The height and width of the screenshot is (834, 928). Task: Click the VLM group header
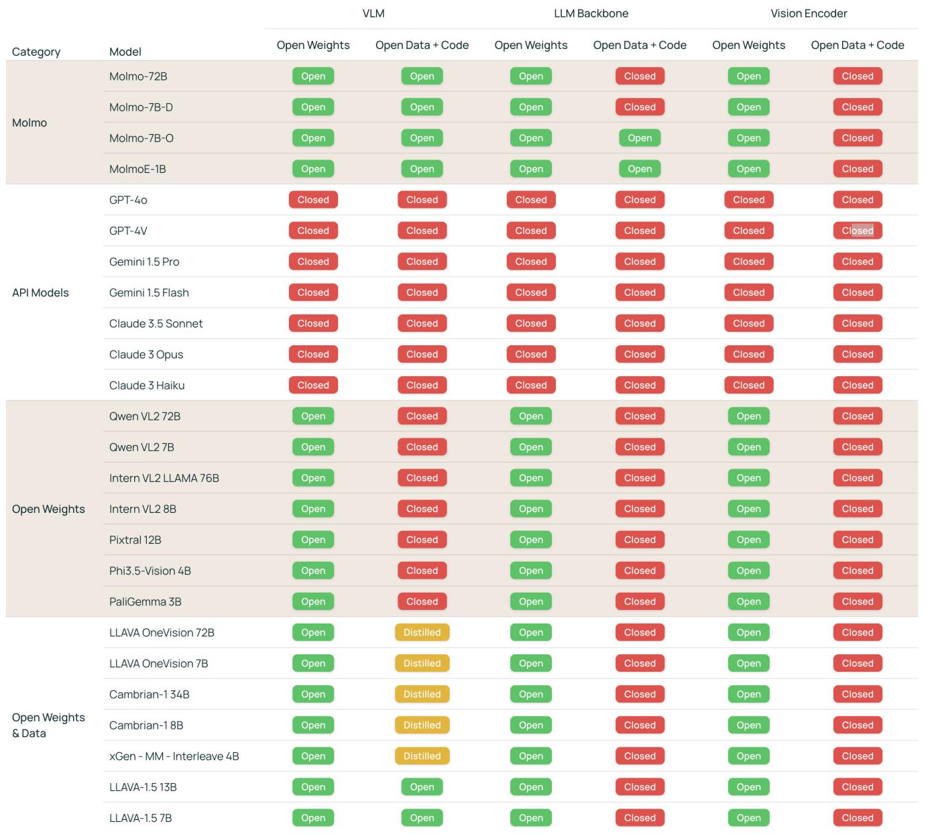coord(373,13)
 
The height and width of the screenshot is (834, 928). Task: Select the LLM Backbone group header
coord(591,13)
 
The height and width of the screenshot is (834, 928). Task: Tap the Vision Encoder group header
coord(809,13)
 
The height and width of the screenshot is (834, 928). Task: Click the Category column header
coord(36,52)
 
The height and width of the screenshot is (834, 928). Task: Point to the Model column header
coord(125,52)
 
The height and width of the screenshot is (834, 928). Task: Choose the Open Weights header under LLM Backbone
coord(530,45)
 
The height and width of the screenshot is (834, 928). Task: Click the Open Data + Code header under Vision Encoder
coord(857,45)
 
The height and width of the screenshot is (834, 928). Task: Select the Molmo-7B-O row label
coord(141,138)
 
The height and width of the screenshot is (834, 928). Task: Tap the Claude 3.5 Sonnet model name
coord(156,323)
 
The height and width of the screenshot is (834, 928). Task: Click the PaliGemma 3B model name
coord(146,601)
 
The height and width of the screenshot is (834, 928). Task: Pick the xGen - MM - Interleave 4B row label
coord(174,756)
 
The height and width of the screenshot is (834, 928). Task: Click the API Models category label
coord(40,292)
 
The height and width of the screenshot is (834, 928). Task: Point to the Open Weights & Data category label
coord(48,725)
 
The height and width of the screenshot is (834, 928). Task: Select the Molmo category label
coord(30,123)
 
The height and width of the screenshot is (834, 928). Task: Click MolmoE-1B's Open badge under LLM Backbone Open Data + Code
coord(640,169)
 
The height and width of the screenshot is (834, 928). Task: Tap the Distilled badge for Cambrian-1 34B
coord(422,695)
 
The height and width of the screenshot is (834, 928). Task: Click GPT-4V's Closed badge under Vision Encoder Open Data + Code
coord(858,231)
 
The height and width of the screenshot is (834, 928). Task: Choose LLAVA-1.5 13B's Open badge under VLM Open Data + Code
coord(422,787)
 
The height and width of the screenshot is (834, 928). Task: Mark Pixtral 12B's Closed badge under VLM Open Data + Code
coord(422,540)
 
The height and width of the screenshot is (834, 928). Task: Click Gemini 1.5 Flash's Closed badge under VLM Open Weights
coord(313,292)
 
